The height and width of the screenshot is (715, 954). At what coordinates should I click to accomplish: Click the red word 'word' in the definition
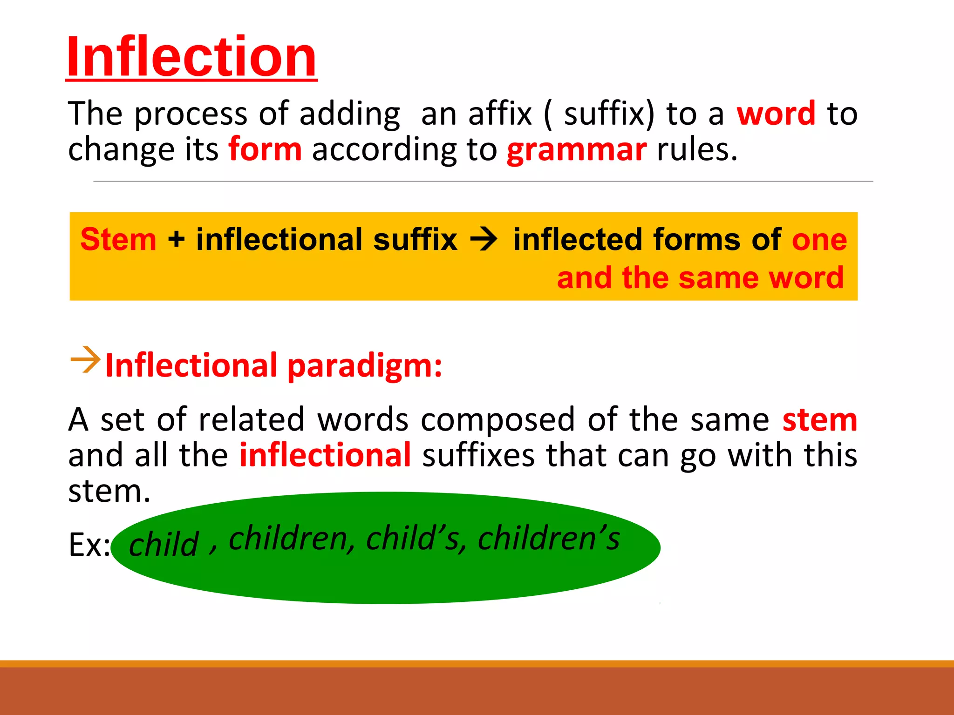pyautogui.click(x=776, y=114)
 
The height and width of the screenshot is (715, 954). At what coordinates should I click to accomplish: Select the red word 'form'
pyautogui.click(x=265, y=150)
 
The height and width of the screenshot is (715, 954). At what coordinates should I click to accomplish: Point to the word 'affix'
pyautogui.click(x=500, y=114)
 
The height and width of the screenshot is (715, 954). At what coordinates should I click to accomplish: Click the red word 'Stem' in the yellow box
pyautogui.click(x=118, y=239)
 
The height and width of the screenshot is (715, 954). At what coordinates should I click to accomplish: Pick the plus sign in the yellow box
pyautogui.click(x=176, y=239)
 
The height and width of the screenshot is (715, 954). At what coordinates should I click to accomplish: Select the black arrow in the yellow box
pyautogui.click(x=484, y=240)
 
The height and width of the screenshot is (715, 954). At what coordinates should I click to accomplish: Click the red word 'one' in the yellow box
pyautogui.click(x=819, y=240)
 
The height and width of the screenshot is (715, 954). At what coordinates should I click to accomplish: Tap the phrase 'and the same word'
pyautogui.click(x=700, y=278)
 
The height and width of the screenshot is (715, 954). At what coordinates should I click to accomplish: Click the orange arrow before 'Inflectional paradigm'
pyautogui.click(x=85, y=359)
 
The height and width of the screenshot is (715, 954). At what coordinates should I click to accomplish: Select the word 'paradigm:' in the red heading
pyautogui.click(x=365, y=366)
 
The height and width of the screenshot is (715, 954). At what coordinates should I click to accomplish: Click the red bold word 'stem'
pyautogui.click(x=819, y=420)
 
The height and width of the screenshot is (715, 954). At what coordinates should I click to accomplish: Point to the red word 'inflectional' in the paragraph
pyautogui.click(x=325, y=455)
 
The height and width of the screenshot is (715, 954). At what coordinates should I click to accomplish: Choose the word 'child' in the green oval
pyautogui.click(x=164, y=544)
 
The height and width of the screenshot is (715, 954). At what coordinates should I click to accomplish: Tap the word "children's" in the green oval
pyautogui.click(x=549, y=539)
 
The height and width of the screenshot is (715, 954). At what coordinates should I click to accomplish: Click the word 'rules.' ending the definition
pyautogui.click(x=697, y=150)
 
